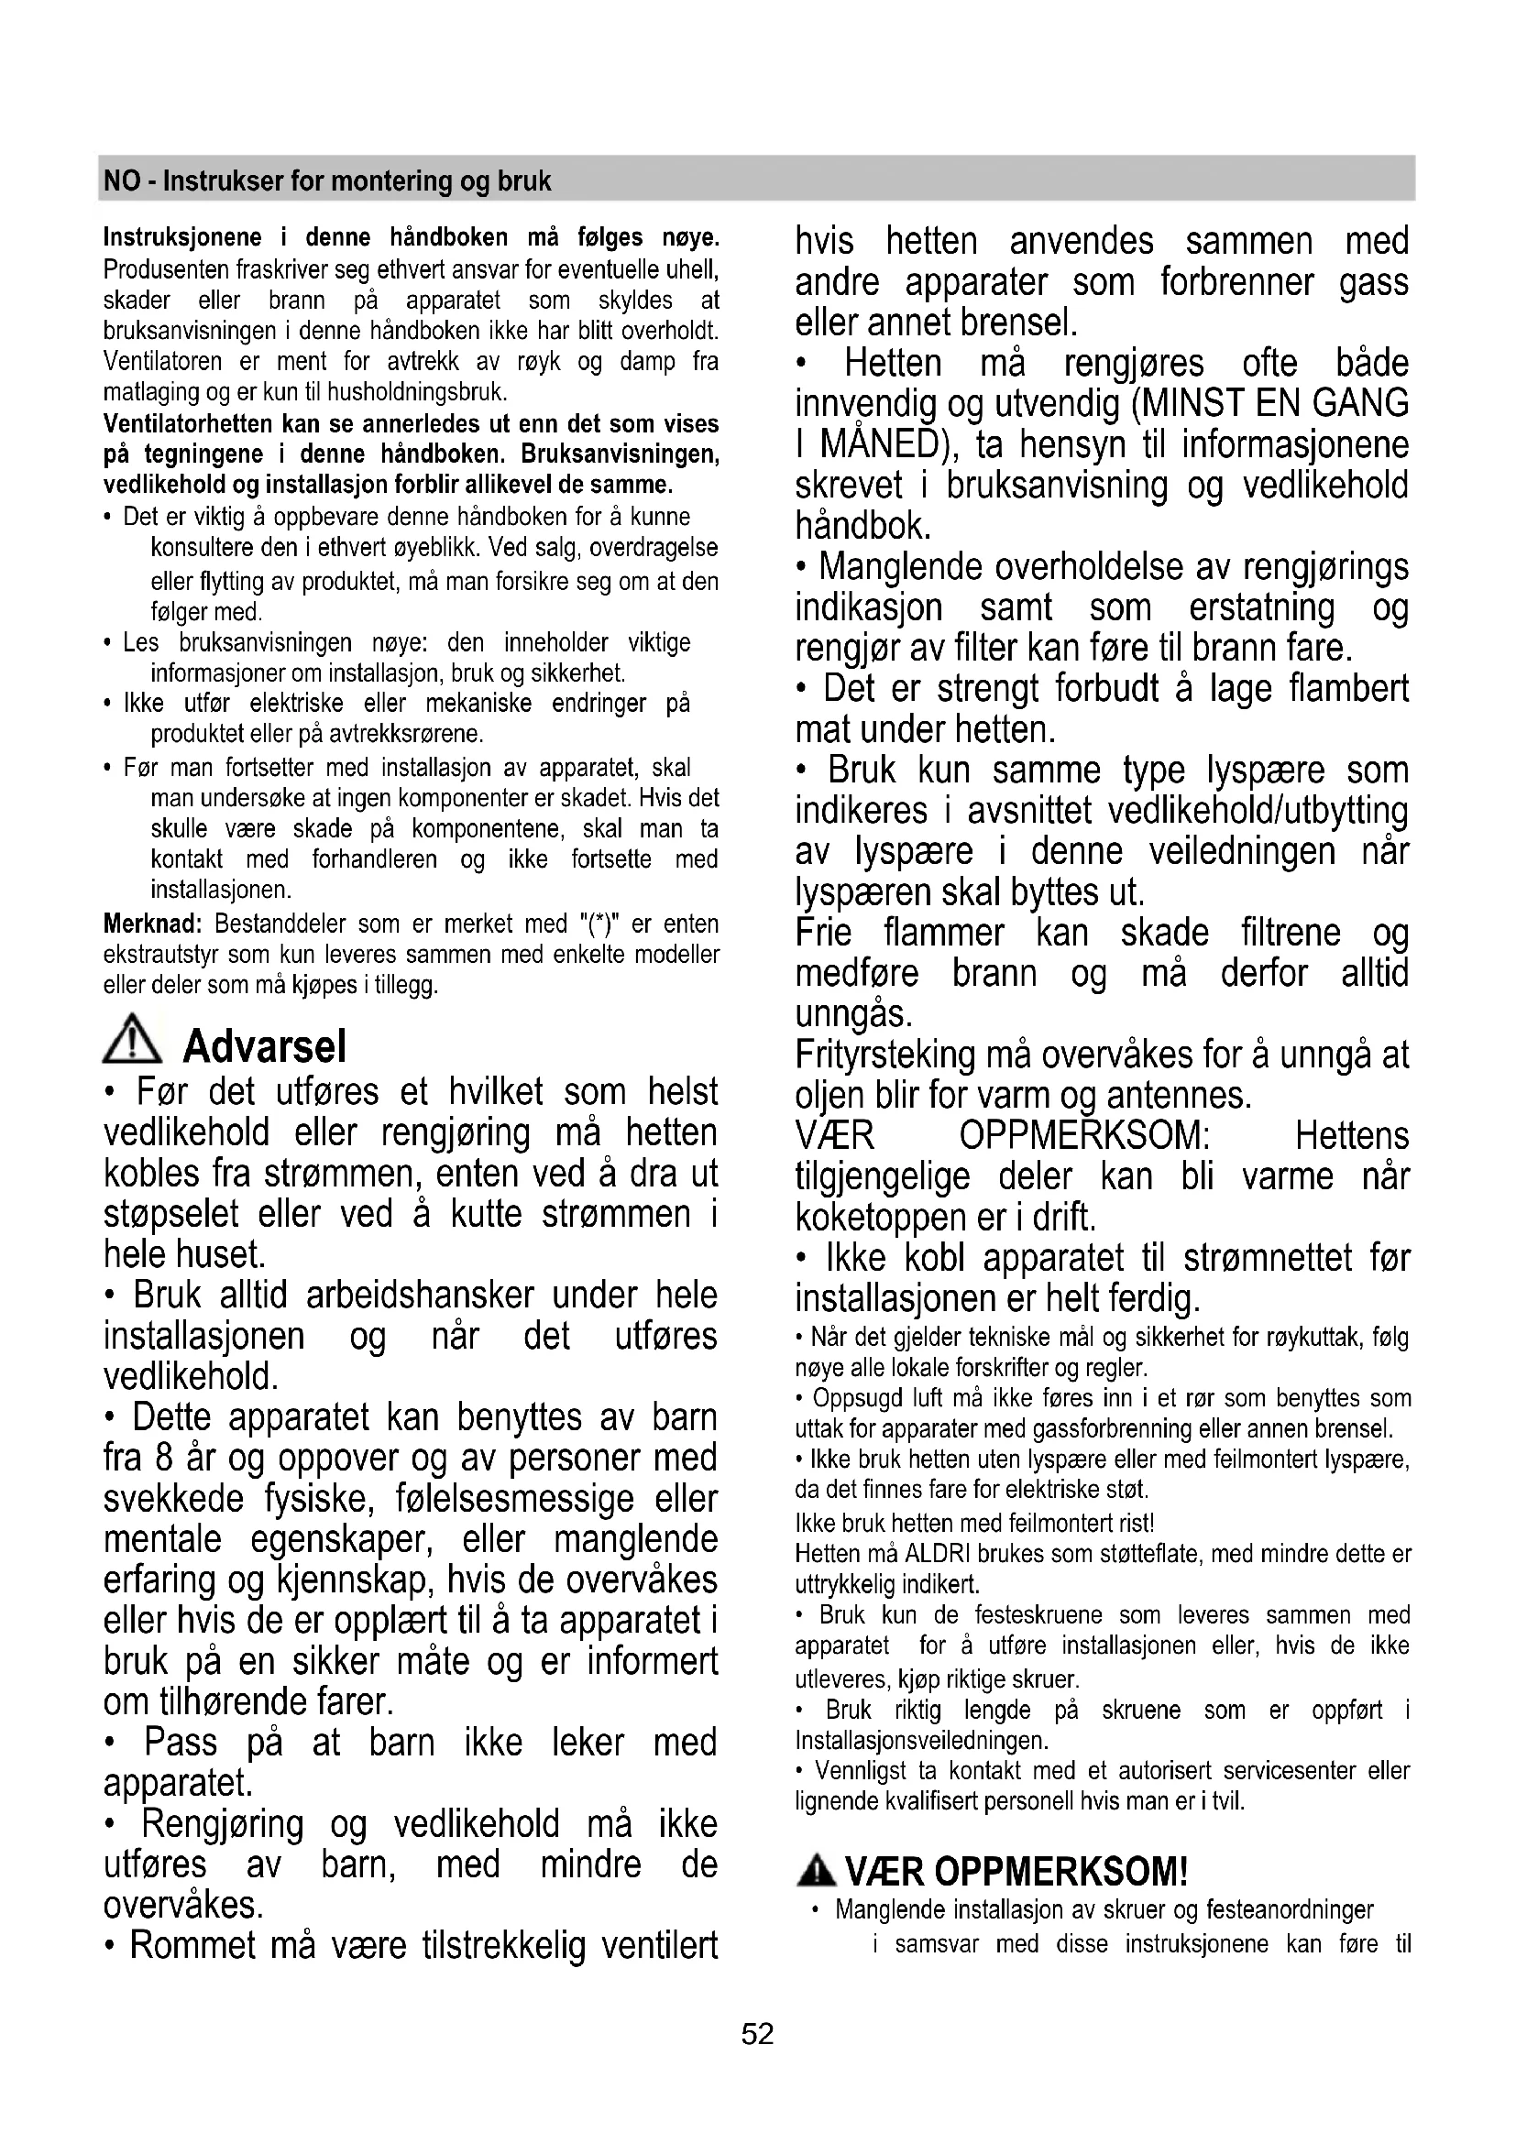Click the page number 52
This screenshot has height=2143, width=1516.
[x=757, y=2034]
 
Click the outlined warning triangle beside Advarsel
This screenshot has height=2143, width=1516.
[x=133, y=1040]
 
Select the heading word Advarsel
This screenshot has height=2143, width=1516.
[x=264, y=1046]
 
